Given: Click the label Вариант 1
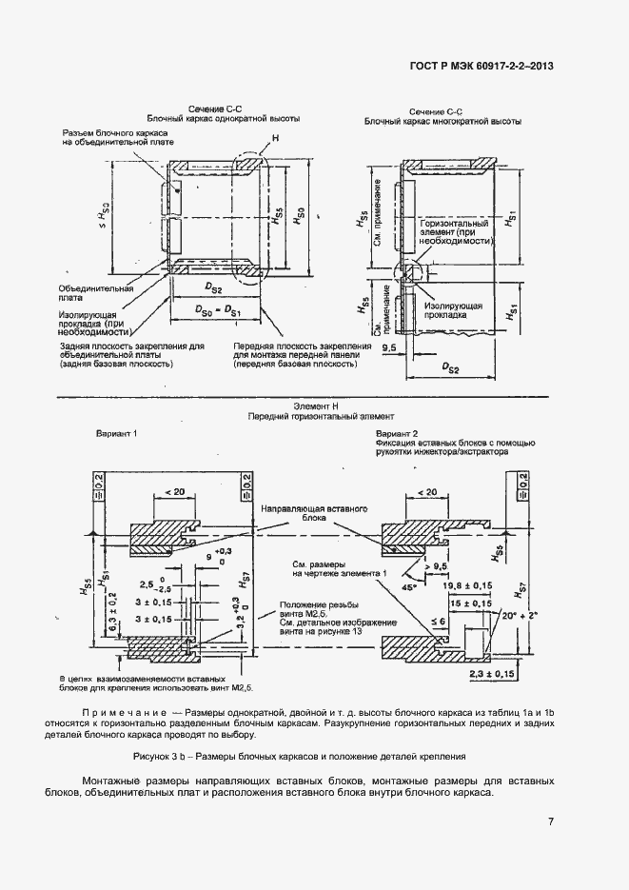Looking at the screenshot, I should [x=117, y=434].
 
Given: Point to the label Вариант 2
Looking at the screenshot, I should [x=398, y=434].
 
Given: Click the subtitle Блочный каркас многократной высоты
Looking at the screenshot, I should [x=442, y=122].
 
